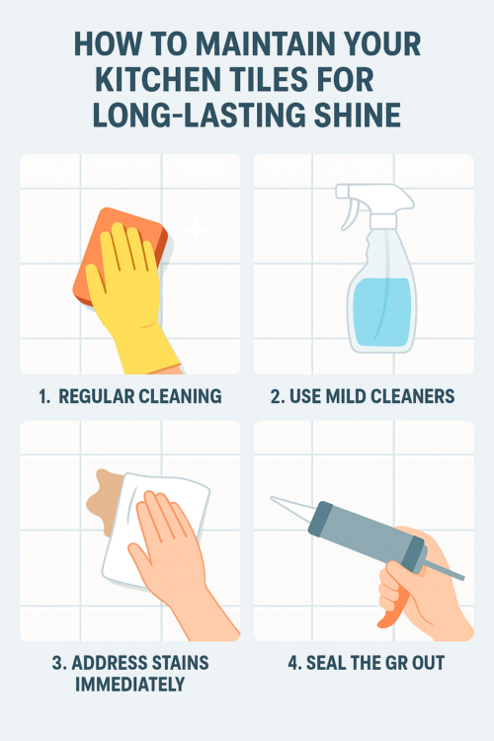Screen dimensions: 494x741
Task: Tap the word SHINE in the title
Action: point(358,115)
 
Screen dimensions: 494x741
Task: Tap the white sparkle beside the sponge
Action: point(196,230)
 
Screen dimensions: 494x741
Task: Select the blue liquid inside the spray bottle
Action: point(381,312)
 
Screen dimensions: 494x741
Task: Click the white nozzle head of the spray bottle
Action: point(373,199)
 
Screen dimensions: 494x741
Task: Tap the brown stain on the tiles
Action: point(103,502)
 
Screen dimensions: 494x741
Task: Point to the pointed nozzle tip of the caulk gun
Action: point(273,498)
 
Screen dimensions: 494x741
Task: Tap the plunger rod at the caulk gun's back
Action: point(444,569)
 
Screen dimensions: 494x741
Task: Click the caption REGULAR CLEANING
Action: point(140,396)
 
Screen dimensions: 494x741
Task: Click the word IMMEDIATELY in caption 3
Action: point(130,684)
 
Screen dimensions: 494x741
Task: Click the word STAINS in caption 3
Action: point(181,663)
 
